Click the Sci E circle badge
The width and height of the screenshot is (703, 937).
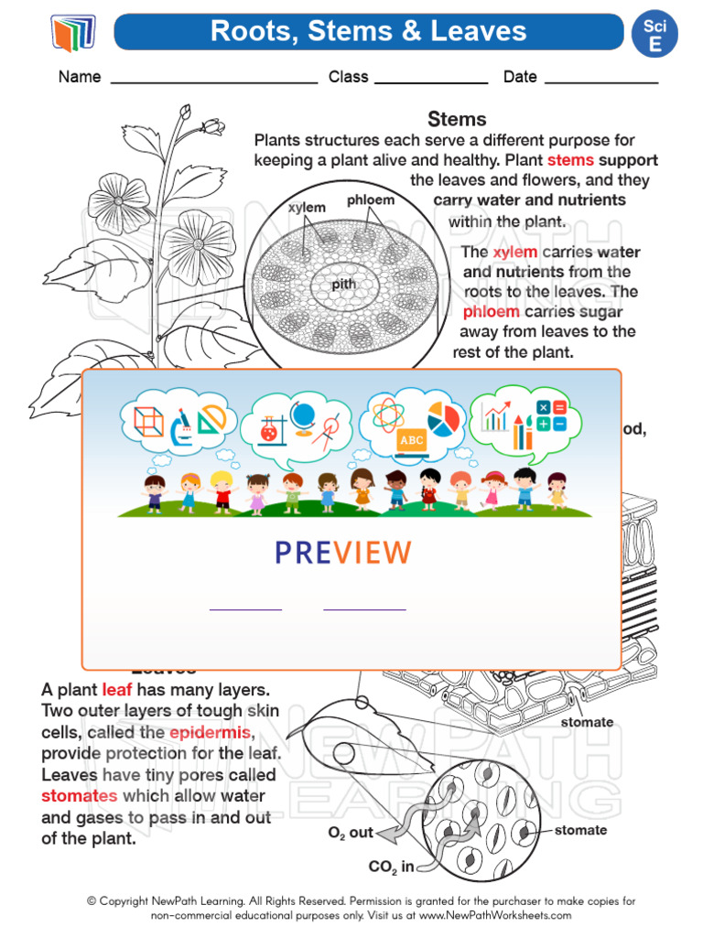655,35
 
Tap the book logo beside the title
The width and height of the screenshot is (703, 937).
73,34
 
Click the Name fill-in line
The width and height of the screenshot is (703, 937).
213,82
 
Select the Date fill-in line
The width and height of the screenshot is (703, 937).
600,82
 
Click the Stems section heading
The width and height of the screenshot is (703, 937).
457,119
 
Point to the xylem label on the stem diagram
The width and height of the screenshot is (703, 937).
307,208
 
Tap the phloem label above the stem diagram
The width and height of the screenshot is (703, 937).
371,199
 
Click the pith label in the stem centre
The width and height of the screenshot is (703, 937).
344,285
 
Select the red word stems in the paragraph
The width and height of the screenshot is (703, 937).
570,160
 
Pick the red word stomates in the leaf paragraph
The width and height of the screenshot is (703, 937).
79,795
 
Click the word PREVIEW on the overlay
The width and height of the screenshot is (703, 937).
343,553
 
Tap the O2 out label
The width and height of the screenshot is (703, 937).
351,833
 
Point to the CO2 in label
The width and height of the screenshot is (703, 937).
392,867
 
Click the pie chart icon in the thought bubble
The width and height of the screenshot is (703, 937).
444,419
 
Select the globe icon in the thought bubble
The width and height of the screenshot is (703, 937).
303,413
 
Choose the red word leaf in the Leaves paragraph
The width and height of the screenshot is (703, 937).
117,690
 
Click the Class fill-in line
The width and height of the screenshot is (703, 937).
431,82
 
